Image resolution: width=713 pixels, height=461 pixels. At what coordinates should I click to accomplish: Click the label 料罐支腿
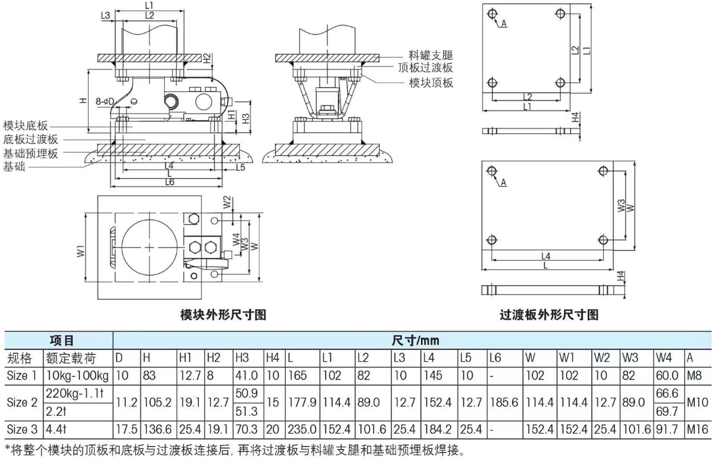coord(431,56)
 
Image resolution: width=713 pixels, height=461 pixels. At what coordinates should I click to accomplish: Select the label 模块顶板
coord(431,83)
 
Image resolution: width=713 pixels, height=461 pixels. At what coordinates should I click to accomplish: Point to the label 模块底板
coord(25,126)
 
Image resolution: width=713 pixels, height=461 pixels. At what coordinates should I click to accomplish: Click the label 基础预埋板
coord(31,153)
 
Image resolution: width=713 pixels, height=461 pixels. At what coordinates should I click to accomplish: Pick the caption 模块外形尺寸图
coord(223,315)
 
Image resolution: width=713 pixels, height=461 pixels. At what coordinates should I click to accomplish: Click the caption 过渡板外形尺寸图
coord(549,315)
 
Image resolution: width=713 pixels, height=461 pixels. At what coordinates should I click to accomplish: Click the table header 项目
coord(61,341)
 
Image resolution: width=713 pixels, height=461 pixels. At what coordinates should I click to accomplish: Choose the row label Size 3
coord(22,428)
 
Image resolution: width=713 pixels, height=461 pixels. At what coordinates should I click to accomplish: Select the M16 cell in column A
coord(695,428)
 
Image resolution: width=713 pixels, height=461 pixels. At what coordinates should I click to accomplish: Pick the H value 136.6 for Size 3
coord(157,428)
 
